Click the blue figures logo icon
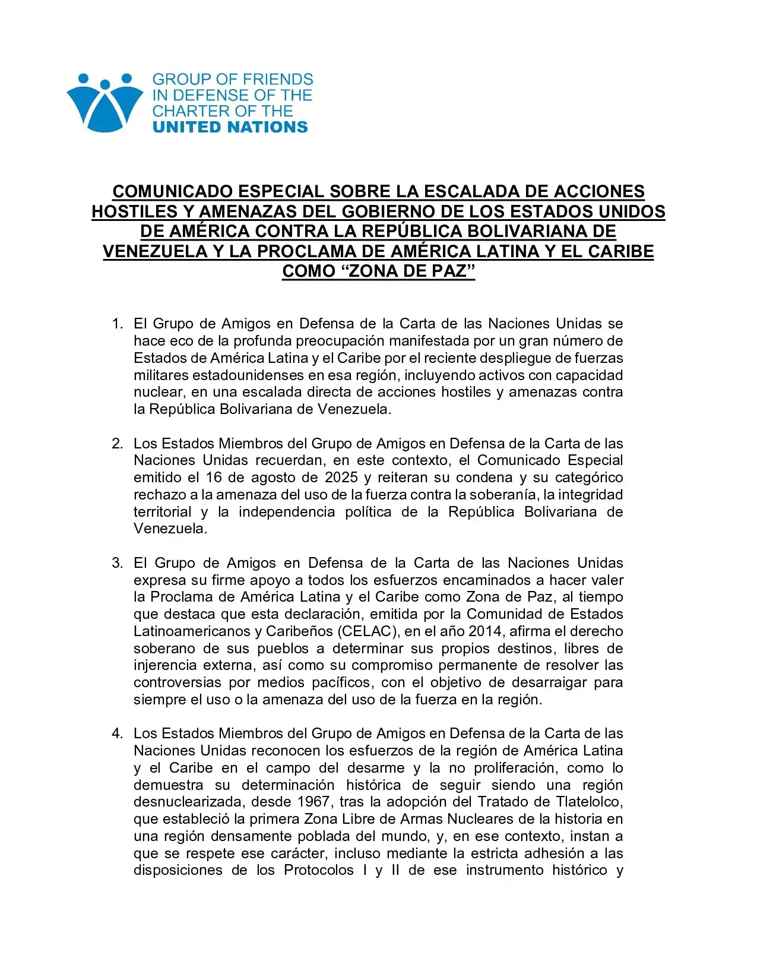point(105,102)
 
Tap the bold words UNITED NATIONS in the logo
point(230,127)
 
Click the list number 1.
point(117,324)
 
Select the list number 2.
point(117,444)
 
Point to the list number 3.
point(117,563)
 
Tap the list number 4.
point(117,734)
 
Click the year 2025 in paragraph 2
point(341,478)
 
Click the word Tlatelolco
point(589,802)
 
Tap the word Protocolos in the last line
point(319,870)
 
